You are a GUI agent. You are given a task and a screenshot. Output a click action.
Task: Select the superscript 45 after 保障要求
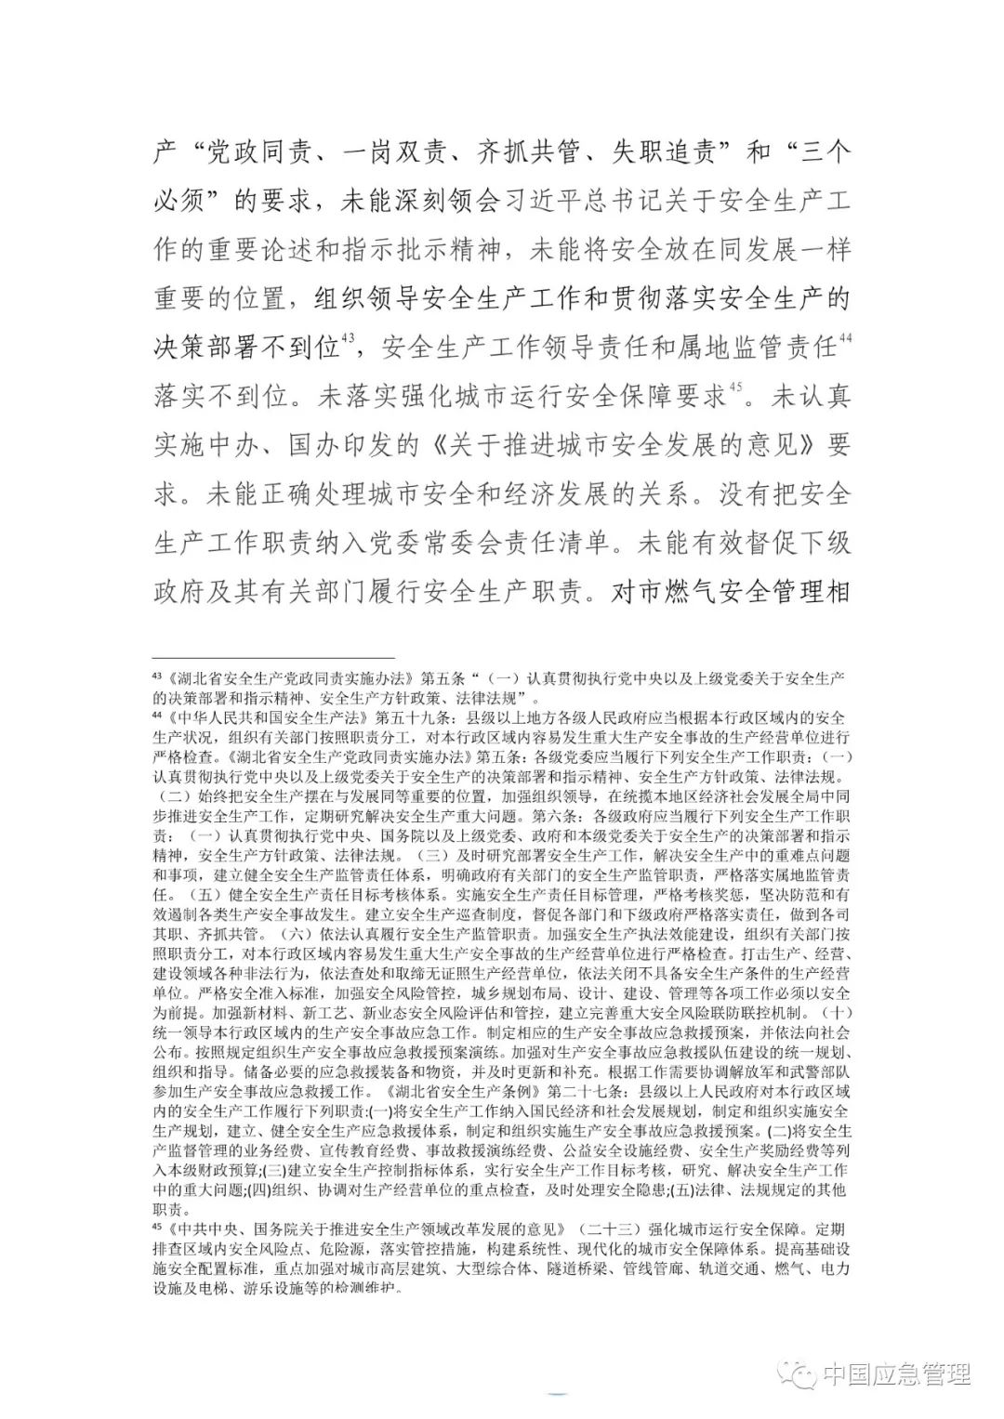coord(735,389)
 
